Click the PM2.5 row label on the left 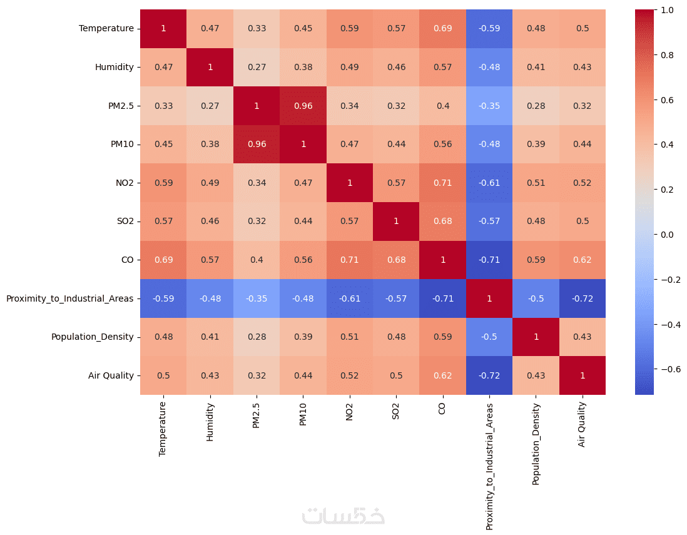(x=121, y=106)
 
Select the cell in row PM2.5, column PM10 (x=303, y=106)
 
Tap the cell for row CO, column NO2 (x=350, y=260)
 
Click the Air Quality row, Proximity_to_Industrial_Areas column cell (x=489, y=375)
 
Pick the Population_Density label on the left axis (x=92, y=337)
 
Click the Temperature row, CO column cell (x=443, y=29)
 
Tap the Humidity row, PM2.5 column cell (x=257, y=67)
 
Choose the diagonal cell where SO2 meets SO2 (x=396, y=222)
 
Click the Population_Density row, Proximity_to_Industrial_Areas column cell (x=489, y=337)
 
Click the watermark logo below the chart (x=343, y=514)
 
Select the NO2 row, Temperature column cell (x=163, y=183)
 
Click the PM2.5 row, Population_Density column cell (x=536, y=106)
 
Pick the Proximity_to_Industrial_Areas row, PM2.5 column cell (x=257, y=298)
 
